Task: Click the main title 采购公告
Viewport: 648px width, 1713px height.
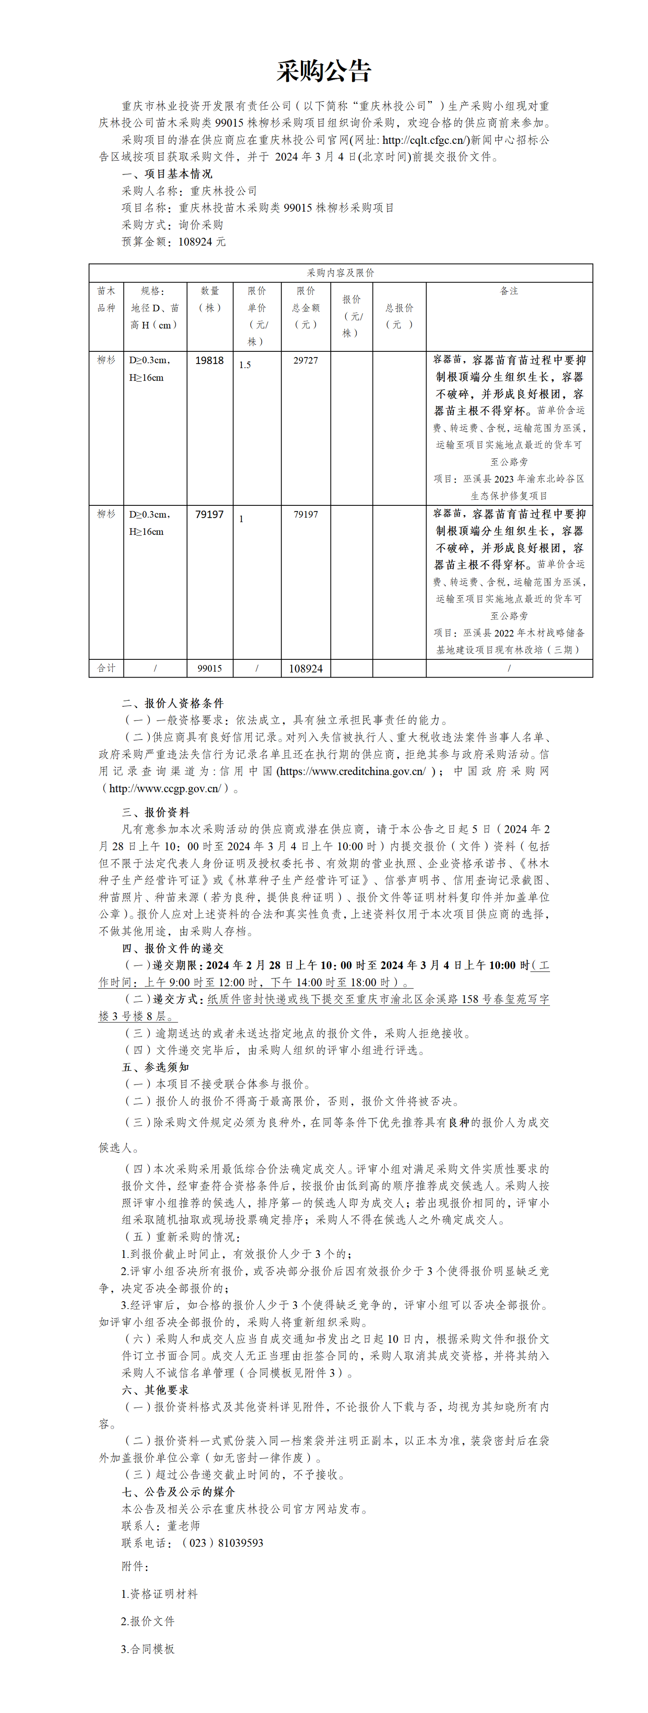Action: [x=324, y=71]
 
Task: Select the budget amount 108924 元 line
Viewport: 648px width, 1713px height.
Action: [x=173, y=242]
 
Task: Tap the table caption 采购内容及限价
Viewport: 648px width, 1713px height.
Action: [x=340, y=273]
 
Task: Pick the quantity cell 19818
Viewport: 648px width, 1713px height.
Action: [x=209, y=360]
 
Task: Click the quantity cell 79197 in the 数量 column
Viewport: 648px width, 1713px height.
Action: [x=209, y=515]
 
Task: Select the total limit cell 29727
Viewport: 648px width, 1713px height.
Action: [x=306, y=360]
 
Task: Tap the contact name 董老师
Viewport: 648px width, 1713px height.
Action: [x=183, y=1525]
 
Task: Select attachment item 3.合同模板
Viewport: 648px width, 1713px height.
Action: [x=147, y=1649]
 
